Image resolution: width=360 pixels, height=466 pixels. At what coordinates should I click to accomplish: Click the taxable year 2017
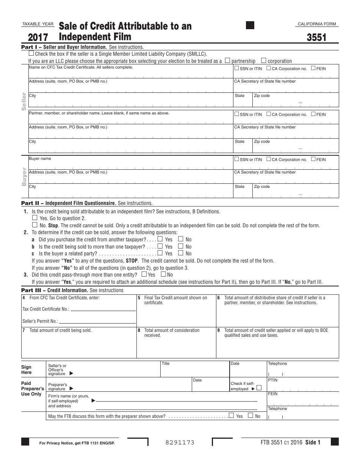coord(38,38)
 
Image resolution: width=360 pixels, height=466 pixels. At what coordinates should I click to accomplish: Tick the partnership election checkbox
coord(227,60)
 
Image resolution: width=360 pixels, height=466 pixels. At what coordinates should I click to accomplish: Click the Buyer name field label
coord(40,159)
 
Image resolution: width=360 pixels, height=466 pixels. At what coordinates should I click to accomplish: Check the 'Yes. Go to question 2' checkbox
coord(35,218)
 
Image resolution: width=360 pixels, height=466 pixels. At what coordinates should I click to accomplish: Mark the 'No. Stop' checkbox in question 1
coord(35,225)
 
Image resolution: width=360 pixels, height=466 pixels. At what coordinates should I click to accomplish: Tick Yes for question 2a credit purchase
coord(160,239)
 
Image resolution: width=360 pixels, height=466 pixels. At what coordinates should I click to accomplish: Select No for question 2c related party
coord(181,253)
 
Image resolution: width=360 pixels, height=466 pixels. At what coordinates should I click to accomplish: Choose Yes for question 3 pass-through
coord(144,274)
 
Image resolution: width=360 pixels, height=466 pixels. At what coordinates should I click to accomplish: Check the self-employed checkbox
coord(259,388)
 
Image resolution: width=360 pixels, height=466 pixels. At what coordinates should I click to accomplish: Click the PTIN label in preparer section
coord(272,380)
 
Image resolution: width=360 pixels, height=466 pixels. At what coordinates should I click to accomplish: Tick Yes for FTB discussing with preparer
coord(231,416)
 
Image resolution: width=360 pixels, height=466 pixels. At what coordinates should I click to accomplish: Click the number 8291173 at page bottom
coord(180,442)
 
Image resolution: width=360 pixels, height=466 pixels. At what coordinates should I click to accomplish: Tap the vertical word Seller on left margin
coord(24,101)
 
